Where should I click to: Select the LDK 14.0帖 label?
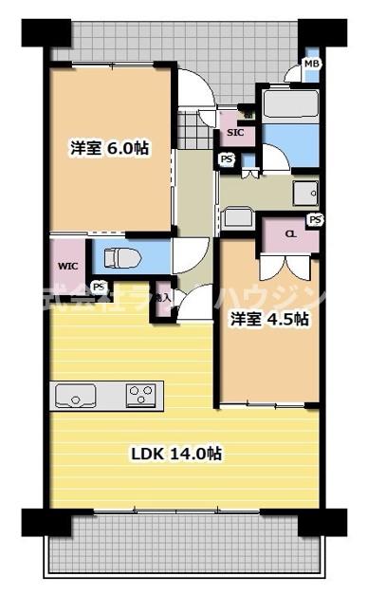coord(175,454)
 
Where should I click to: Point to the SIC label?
coord(234,133)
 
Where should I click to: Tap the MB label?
coord(310,65)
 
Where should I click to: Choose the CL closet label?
coord(290,233)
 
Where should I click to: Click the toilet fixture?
coord(119,255)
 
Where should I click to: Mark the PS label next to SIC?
coord(227,159)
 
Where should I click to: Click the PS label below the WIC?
coord(98,286)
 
